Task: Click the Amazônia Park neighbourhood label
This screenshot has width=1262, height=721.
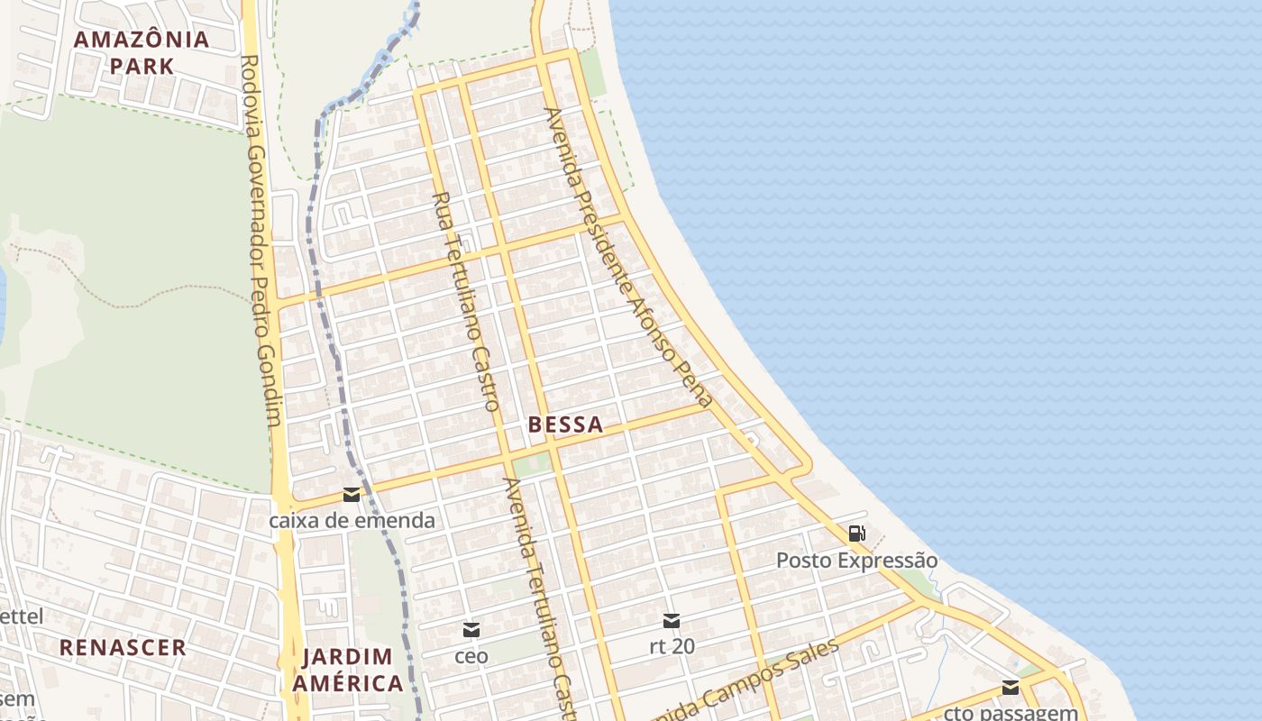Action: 142,52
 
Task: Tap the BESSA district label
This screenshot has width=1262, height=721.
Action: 565,424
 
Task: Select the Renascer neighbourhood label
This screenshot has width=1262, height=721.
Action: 123,647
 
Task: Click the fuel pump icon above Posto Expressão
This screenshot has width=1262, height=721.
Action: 856,534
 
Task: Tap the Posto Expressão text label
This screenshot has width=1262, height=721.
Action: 856,561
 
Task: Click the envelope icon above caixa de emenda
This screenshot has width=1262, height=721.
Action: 352,495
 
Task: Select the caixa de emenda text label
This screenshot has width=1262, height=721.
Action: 352,520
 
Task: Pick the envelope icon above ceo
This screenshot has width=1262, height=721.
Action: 471,630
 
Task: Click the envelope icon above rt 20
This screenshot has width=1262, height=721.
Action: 671,621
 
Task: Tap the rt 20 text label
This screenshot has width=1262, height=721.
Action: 671,646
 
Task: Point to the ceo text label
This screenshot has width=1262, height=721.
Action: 471,656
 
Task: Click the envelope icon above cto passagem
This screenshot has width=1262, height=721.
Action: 1011,688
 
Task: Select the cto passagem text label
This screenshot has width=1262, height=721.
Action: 1011,712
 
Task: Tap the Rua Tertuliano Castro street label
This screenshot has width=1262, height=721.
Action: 465,302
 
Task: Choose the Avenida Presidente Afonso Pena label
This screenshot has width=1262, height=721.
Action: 628,258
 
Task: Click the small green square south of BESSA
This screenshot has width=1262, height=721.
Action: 532,464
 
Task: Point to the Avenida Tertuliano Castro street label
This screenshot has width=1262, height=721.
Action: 538,595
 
